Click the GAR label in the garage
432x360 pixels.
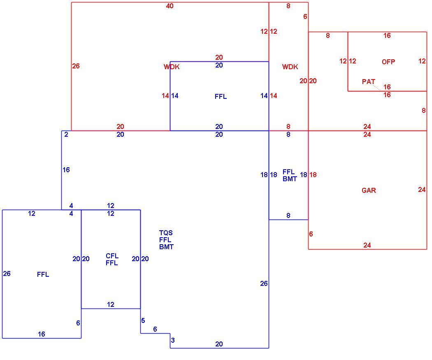pyautogui.click(x=369, y=190)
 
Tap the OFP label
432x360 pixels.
pyautogui.click(x=388, y=62)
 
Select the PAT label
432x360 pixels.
pyautogui.click(x=368, y=82)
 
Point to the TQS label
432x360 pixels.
pyautogui.click(x=166, y=233)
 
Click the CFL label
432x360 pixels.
pyautogui.click(x=112, y=256)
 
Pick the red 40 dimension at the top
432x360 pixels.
pyautogui.click(x=170, y=6)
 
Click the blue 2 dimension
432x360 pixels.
pyautogui.click(x=66, y=134)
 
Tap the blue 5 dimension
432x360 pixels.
pyautogui.click(x=143, y=320)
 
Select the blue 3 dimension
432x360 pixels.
pyautogui.click(x=173, y=340)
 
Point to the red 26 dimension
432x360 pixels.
pyautogui.click(x=76, y=66)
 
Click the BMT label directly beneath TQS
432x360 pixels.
pyautogui.click(x=166, y=247)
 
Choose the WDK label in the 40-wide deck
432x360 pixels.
pyautogui.click(x=172, y=67)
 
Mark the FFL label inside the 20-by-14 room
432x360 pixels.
pyautogui.click(x=221, y=96)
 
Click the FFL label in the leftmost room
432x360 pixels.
pyautogui.click(x=43, y=274)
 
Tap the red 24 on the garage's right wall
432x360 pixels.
pyautogui.click(x=422, y=189)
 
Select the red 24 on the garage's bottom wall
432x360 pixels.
pyautogui.click(x=367, y=245)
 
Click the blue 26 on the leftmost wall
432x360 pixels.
pyautogui.click(x=7, y=274)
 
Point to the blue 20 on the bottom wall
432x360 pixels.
pyautogui.click(x=219, y=344)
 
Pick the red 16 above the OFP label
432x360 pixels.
pyautogui.click(x=387, y=35)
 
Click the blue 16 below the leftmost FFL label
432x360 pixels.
pyautogui.click(x=41, y=334)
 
